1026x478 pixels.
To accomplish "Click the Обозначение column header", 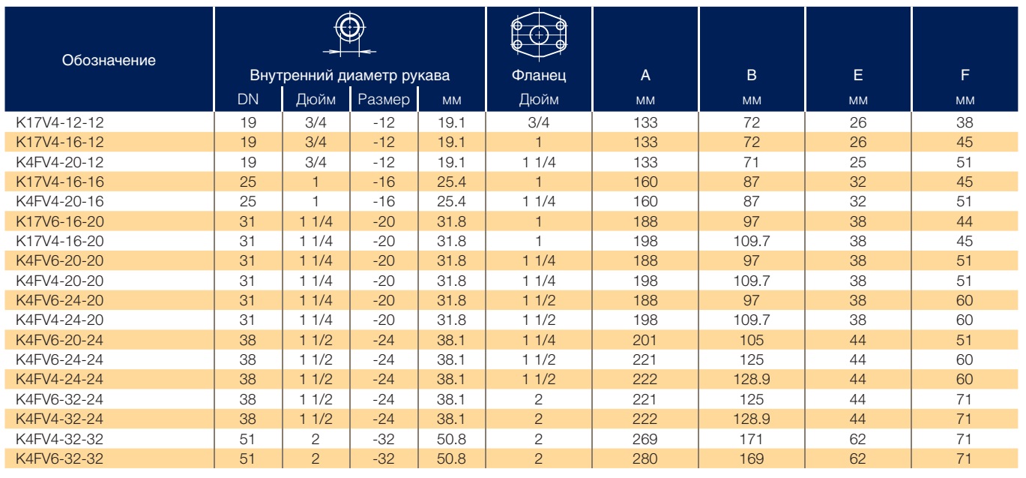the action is point(109,60).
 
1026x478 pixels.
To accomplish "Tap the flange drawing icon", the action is point(539,35).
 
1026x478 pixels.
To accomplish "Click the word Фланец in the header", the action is point(539,75).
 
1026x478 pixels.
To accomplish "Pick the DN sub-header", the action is point(248,100).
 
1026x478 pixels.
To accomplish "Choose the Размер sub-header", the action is point(384,100).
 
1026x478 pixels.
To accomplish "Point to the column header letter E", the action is point(858,75).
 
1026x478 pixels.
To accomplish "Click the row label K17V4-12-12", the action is point(60,122).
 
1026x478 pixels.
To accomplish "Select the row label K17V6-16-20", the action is point(60,221).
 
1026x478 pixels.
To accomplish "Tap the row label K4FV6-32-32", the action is point(59,458).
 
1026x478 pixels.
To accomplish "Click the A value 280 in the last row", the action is point(645,458).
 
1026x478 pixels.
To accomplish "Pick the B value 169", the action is point(751,458).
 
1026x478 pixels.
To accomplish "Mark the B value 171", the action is point(751,439).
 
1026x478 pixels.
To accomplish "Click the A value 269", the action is point(645,439).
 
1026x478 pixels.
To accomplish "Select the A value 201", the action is point(645,340).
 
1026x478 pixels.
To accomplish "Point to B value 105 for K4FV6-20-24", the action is point(751,340).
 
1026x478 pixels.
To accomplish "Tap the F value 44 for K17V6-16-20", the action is point(964,221).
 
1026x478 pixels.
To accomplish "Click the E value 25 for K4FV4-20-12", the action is point(858,162).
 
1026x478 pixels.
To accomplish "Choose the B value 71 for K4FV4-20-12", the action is point(751,162).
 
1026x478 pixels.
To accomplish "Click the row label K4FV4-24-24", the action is point(59,380).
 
